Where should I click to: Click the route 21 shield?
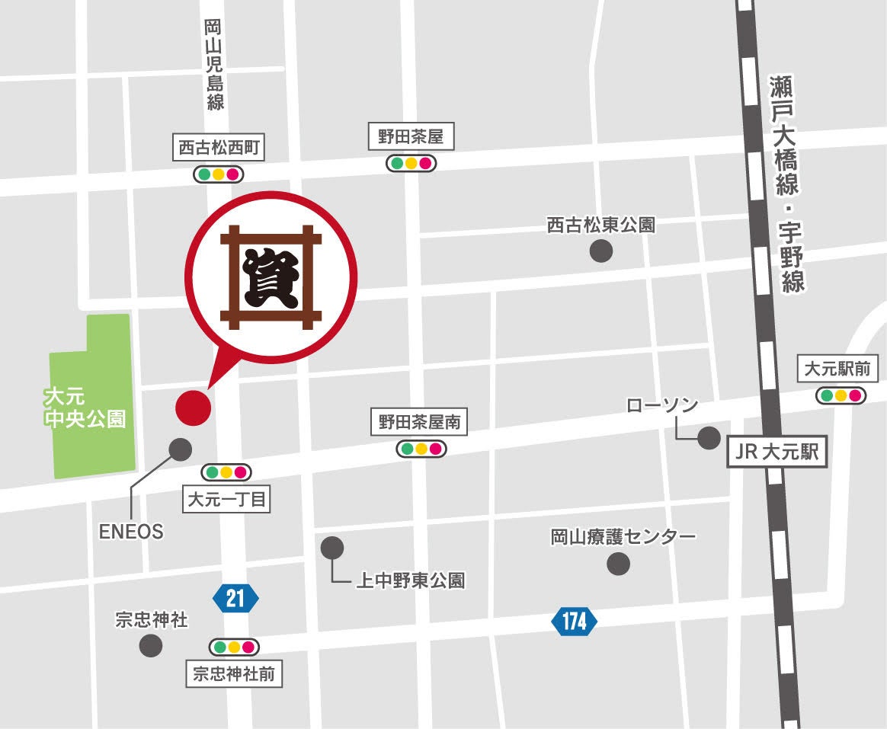[235, 598]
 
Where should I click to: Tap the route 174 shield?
[574, 622]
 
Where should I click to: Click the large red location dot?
[193, 407]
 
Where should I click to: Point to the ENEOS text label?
[131, 532]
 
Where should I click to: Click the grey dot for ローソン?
[709, 437]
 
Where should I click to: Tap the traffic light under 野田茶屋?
[410, 163]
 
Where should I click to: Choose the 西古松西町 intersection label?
[220, 148]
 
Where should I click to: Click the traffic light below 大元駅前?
[841, 395]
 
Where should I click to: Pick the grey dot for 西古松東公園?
[601, 251]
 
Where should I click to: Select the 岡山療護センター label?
[623, 537]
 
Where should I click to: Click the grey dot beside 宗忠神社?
[151, 646]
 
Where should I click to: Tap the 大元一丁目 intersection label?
[228, 500]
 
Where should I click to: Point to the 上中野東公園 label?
[411, 580]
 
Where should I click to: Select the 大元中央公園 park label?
[85, 408]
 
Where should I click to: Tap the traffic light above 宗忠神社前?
[234, 647]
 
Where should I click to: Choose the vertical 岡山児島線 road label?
[215, 65]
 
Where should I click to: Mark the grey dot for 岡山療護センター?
[618, 564]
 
